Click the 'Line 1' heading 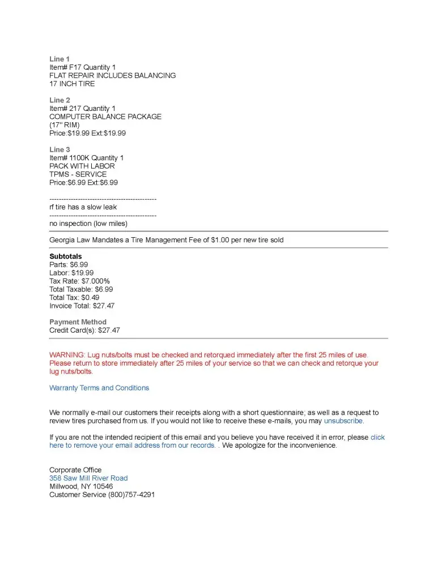59,59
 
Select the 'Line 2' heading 59,100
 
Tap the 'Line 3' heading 59,149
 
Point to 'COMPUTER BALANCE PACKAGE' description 105,117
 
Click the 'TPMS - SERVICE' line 78,174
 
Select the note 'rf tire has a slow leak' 83,207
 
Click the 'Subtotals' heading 65,256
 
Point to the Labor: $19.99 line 71,273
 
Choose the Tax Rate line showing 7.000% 79,281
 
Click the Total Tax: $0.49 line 74,298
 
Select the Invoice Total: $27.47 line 82,306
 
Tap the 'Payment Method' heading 78,322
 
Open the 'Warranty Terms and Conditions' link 99,388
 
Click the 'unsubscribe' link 343,421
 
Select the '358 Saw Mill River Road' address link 88,478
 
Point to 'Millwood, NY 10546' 81,486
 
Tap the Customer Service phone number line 102,495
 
